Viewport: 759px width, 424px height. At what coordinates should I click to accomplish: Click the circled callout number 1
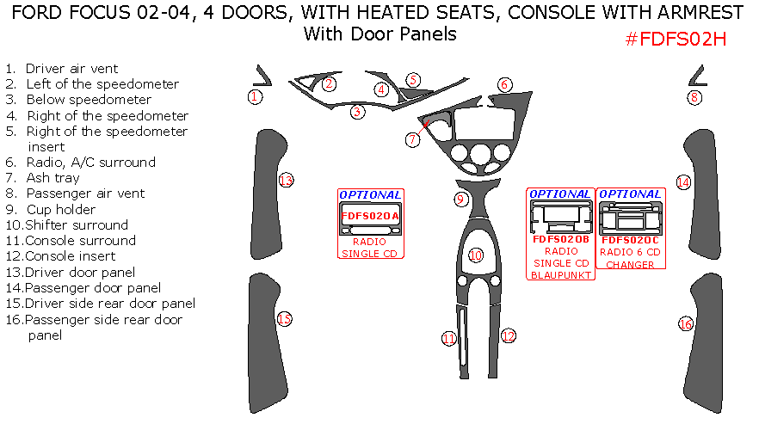click(255, 97)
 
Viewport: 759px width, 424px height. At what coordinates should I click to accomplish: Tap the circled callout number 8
click(694, 98)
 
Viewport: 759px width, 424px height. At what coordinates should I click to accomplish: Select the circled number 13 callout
click(286, 181)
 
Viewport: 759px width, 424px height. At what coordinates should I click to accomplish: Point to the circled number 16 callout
click(686, 324)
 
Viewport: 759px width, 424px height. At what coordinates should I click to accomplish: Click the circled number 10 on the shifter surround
click(476, 255)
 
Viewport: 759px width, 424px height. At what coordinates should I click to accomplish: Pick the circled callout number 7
click(413, 139)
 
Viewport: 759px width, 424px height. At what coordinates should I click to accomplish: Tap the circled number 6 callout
click(505, 84)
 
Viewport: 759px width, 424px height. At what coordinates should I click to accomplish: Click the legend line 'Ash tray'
click(53, 178)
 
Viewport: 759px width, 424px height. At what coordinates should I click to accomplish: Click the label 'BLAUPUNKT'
click(560, 275)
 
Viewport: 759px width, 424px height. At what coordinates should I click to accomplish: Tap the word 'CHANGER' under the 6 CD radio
click(631, 265)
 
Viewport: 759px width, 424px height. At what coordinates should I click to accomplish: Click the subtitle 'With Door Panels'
click(379, 34)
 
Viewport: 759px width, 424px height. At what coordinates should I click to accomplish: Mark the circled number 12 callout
click(508, 335)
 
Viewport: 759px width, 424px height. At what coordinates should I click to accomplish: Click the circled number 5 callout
click(414, 80)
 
